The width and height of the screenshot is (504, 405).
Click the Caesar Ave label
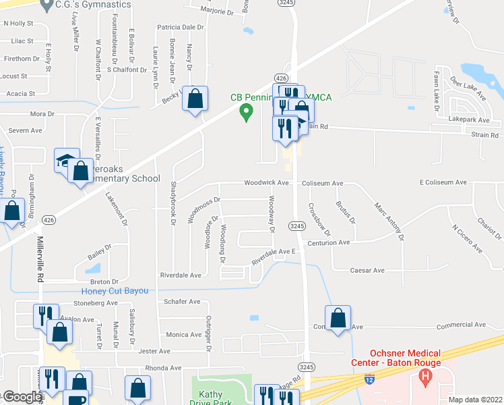pos(367,270)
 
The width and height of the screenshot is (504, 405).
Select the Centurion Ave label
pos(329,242)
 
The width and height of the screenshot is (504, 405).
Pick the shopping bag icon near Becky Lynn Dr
pos(195,99)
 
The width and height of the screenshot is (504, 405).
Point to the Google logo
pos(22,397)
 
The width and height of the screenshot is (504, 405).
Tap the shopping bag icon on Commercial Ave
pos(338,319)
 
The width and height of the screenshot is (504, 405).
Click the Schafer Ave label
pos(182,302)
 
